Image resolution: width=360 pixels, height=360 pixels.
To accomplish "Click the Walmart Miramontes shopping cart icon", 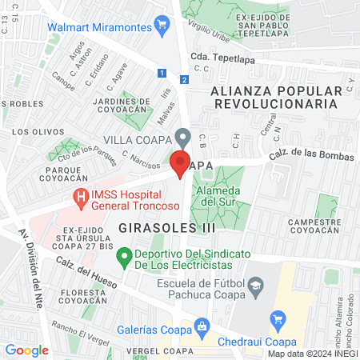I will [x=163, y=25].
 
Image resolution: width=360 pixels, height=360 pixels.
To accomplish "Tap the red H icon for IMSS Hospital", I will [x=81, y=195].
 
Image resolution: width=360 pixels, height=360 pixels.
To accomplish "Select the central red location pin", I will [x=181, y=162].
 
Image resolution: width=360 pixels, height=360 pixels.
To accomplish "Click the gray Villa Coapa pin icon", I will [x=183, y=137].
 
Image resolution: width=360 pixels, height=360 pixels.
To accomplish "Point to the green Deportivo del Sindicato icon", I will [x=124, y=258].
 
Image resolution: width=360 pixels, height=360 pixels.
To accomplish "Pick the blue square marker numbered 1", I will [x=162, y=73].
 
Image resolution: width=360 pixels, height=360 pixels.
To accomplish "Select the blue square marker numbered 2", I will [x=184, y=79].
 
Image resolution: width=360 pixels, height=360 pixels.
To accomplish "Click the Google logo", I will [x=26, y=350].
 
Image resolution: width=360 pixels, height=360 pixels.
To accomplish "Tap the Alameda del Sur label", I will [x=218, y=196].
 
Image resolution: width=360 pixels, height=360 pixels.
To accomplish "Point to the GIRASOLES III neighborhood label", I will [x=156, y=228].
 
